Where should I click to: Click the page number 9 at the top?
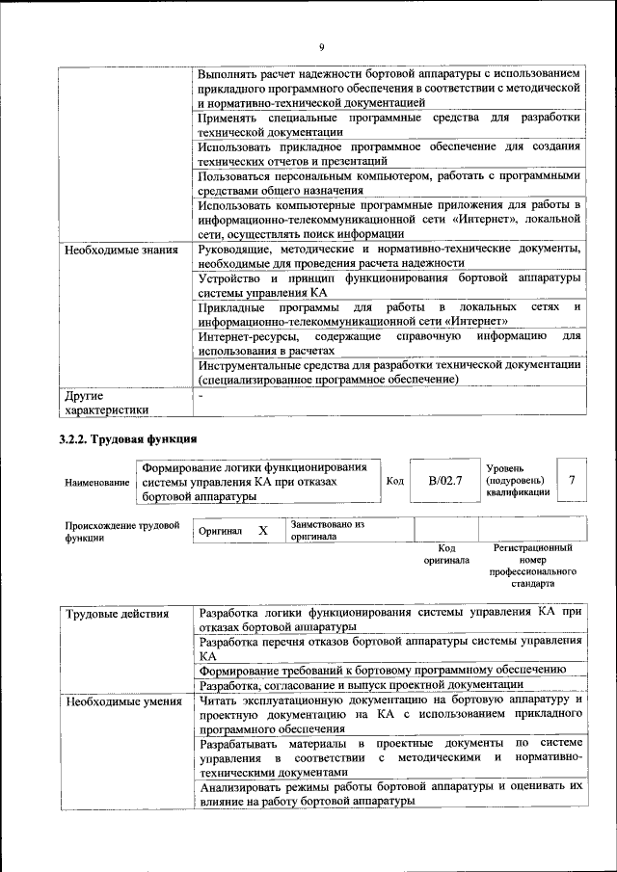coord(321,47)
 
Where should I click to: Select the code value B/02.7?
coord(445,480)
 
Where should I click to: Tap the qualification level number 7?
coord(572,480)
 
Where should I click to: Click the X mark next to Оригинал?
coord(262,531)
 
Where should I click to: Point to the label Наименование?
coord(96,481)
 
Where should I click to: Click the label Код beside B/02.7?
coord(394,480)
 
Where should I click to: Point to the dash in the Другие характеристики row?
coord(201,396)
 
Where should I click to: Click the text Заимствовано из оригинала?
coord(328,530)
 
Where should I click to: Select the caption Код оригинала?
coord(446,553)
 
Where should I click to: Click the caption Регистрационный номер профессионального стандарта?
coord(532,566)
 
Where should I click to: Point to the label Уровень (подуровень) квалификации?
coord(518,479)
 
